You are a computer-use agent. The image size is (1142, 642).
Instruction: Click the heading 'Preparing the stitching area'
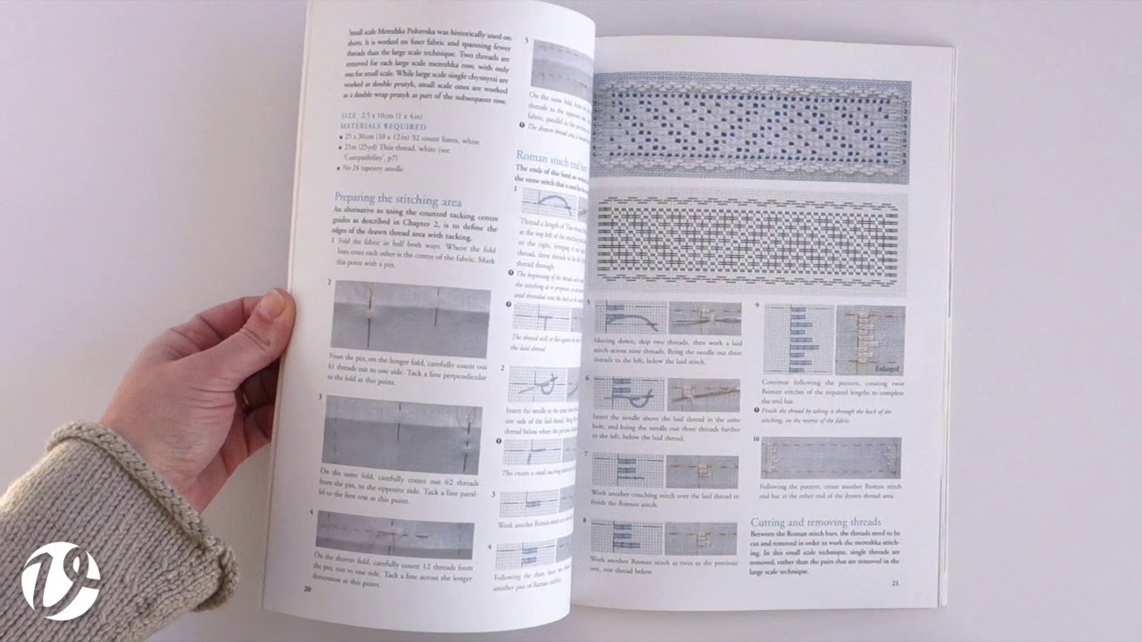click(397, 200)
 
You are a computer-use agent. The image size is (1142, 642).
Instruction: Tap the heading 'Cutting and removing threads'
click(815, 522)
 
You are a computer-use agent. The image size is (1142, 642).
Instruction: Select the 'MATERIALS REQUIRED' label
click(379, 128)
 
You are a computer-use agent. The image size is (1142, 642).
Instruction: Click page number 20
click(307, 588)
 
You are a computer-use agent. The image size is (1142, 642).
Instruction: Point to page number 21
click(896, 583)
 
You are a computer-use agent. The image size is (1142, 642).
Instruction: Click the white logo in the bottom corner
click(61, 580)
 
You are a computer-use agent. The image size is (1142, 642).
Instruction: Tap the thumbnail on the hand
click(276, 305)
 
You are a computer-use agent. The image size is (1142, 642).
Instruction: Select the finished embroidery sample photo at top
click(749, 128)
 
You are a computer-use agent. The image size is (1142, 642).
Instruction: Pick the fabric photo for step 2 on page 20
click(410, 317)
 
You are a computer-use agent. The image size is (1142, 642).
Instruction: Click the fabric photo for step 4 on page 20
click(394, 533)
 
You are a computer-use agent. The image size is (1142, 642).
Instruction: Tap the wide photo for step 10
click(830, 457)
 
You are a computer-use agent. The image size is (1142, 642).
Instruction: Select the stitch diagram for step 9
click(799, 340)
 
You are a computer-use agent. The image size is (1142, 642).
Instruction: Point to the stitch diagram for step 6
click(629, 393)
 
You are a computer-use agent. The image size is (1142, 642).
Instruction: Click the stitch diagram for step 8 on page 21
click(626, 539)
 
